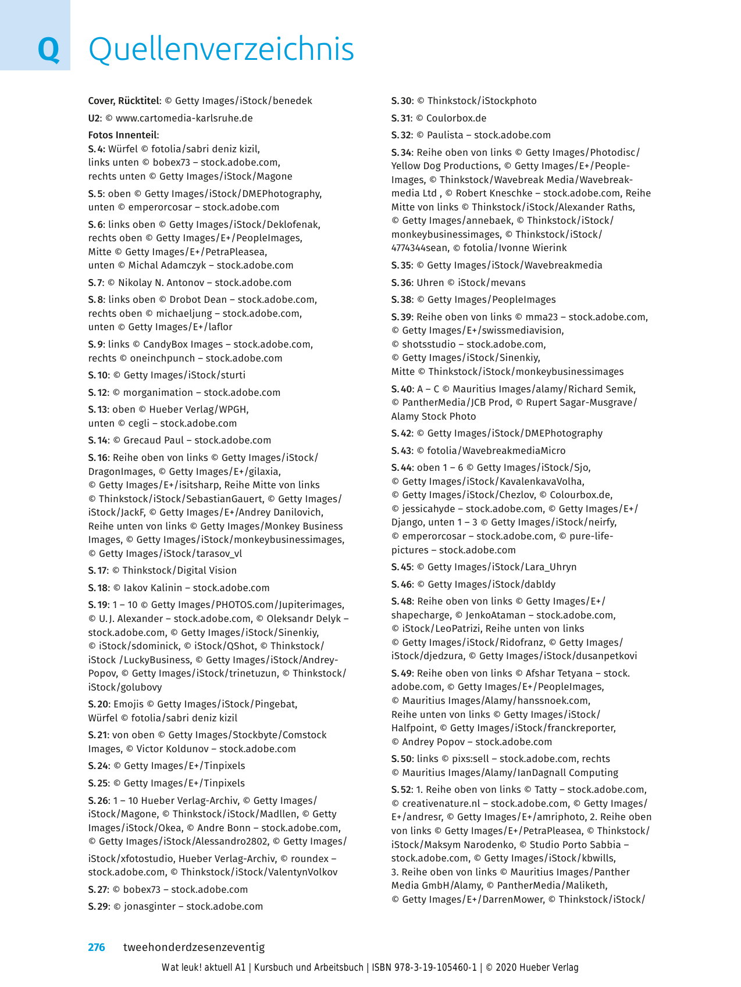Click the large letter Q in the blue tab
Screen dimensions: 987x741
(48, 49)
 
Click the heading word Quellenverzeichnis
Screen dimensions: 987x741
(221, 49)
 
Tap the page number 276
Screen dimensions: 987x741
(97, 947)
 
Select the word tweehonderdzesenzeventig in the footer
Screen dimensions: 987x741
(194, 947)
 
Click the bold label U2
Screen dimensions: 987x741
(94, 118)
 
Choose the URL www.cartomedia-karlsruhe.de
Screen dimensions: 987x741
(184, 118)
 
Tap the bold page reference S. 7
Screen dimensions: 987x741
(95, 282)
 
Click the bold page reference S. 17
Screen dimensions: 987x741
(98, 570)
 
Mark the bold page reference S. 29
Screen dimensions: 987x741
(98, 906)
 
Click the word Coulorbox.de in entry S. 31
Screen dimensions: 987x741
(456, 118)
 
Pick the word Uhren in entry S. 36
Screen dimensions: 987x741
(430, 282)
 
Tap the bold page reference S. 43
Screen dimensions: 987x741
(401, 450)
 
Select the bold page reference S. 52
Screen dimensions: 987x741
(401, 789)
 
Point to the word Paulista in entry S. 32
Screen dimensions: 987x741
(446, 135)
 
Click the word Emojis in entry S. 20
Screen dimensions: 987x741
(129, 704)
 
